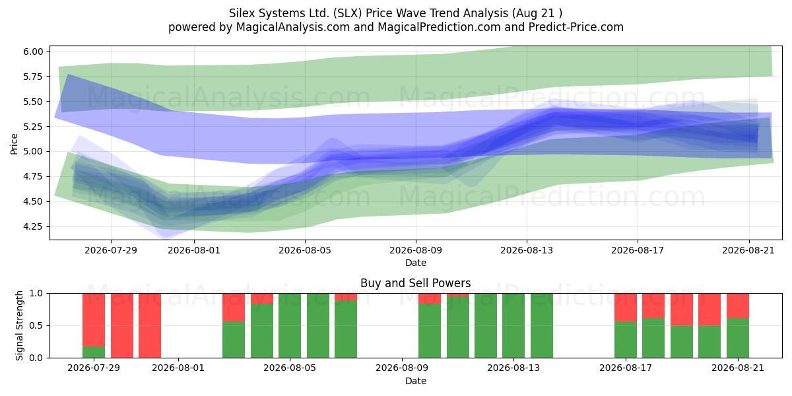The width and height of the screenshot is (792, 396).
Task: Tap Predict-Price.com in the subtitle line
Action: [x=576, y=27]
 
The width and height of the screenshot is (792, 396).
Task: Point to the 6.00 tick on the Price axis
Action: [x=33, y=51]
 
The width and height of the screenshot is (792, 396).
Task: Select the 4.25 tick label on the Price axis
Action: [x=33, y=226]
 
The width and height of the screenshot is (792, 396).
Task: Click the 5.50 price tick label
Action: [x=33, y=102]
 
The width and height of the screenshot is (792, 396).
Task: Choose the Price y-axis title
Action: [x=14, y=144]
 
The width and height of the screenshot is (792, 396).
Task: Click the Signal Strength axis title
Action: [x=19, y=325]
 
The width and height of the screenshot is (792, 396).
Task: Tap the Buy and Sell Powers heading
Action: [x=415, y=283]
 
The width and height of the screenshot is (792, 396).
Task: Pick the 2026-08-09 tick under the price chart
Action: [x=416, y=250]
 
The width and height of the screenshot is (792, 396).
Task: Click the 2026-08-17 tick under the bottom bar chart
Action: [x=626, y=368]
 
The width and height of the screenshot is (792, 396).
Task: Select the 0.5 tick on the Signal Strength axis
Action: [x=36, y=325]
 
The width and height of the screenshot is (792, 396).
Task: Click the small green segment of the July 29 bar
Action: [x=94, y=352]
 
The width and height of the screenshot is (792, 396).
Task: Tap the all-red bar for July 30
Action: [x=122, y=325]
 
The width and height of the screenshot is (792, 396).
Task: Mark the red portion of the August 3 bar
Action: [x=234, y=308]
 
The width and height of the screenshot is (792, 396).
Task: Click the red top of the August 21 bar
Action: [x=738, y=306]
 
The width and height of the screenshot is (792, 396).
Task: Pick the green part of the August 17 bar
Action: [x=626, y=340]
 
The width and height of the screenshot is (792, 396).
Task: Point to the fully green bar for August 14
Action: [x=542, y=325]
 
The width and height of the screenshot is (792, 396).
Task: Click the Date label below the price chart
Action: [x=416, y=263]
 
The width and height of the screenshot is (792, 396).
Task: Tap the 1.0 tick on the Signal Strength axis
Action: [x=36, y=294]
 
